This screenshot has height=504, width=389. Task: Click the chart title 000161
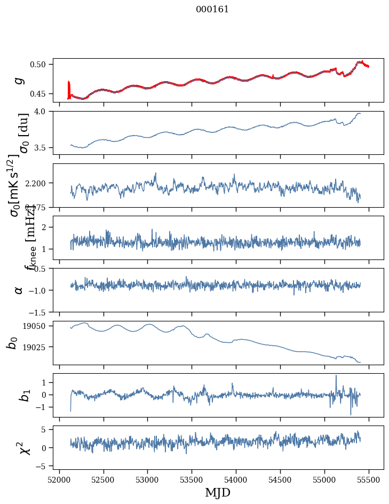click(x=212, y=9)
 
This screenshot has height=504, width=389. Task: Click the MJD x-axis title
click(x=218, y=492)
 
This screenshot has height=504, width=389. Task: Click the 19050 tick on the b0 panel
click(x=37, y=326)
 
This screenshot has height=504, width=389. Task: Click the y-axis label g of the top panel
click(x=19, y=80)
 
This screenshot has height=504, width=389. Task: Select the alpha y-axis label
click(x=19, y=290)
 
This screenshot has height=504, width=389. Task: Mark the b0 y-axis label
click(x=12, y=343)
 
